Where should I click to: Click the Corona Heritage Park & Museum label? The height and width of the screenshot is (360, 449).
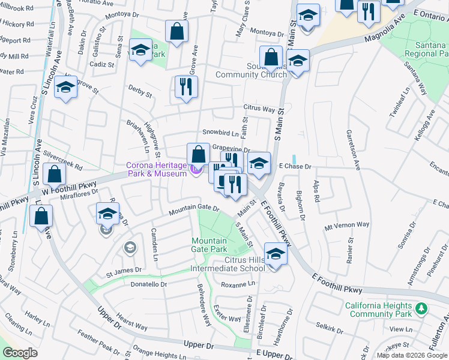156,169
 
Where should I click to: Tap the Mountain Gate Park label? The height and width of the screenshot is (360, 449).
209,244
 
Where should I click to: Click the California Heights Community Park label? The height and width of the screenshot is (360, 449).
379,310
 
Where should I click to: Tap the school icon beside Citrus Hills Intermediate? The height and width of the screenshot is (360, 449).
276,255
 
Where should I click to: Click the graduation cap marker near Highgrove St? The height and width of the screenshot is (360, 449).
65,89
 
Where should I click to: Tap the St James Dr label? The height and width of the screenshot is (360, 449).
124,271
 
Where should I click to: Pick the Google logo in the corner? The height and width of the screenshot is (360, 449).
20,352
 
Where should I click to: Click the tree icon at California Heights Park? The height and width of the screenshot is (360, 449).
422,308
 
